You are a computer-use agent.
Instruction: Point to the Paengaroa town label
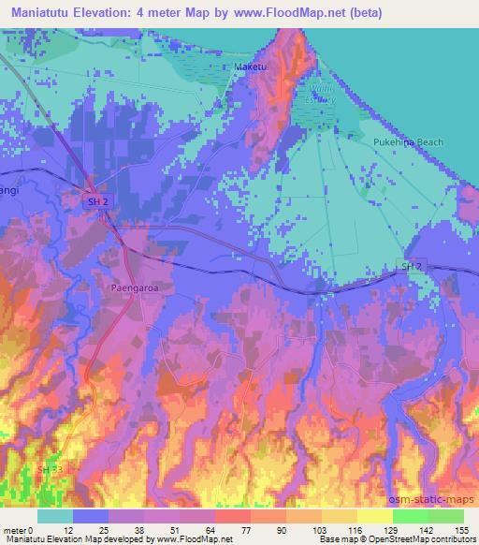[129, 287]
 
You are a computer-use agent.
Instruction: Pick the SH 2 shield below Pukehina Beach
[413, 267]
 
